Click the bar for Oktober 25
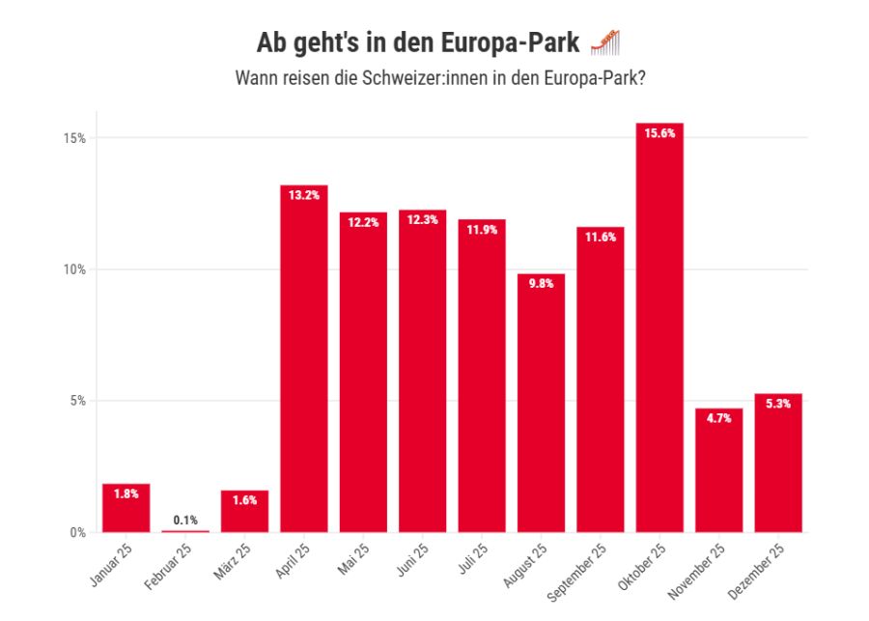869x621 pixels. tap(659, 328)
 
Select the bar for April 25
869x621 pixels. tap(303, 358)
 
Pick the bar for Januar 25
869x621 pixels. tap(126, 508)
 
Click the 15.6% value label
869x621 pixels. tap(659, 134)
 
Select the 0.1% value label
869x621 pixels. tap(185, 521)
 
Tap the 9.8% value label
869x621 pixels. tap(541, 285)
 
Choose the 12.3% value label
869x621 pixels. tap(422, 220)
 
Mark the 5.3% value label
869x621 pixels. tap(778, 405)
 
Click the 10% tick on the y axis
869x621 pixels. tap(75, 269)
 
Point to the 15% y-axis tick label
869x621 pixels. tap(75, 138)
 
